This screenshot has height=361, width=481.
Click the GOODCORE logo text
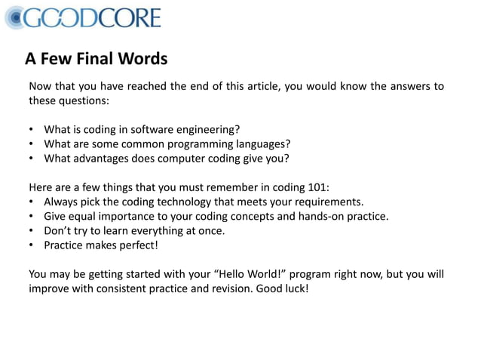click(92, 17)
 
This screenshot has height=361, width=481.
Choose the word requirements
click(328, 202)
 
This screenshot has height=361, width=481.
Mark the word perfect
click(136, 245)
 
